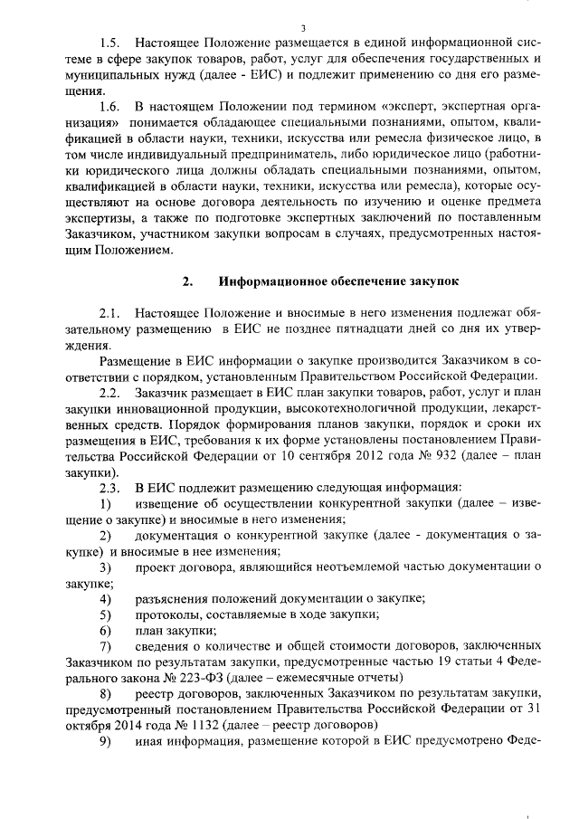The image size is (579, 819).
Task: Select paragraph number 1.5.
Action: (x=109, y=43)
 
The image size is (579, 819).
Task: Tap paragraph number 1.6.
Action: (x=109, y=107)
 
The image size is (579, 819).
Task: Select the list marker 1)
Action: (x=106, y=503)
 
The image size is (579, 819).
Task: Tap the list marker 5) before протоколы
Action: (x=106, y=614)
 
